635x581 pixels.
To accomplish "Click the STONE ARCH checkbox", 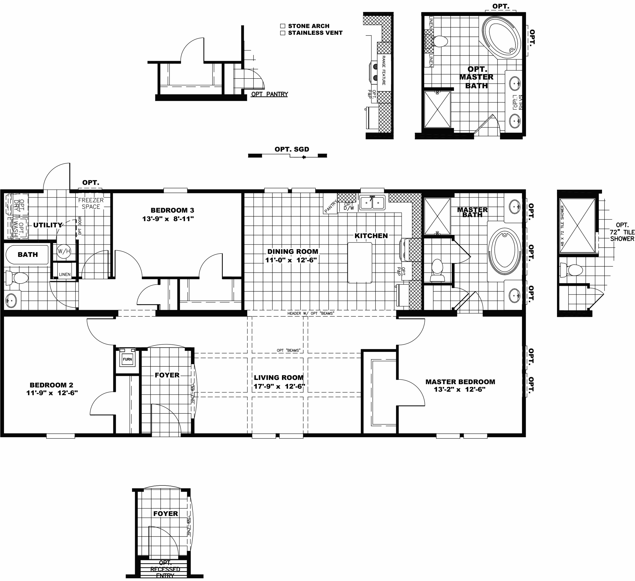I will click(x=282, y=26).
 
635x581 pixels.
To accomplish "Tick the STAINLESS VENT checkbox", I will click(x=282, y=33).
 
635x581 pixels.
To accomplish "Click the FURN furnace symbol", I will click(x=127, y=359).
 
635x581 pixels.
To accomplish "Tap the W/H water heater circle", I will click(x=64, y=251).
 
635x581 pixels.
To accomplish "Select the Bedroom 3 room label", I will click(x=172, y=210).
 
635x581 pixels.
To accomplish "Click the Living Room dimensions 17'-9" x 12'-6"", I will click(x=279, y=386).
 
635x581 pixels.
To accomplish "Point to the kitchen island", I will click(x=360, y=262).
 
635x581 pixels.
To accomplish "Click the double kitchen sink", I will click(x=372, y=203).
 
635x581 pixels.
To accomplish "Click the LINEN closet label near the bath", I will click(x=64, y=274).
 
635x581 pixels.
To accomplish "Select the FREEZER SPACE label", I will click(x=91, y=203).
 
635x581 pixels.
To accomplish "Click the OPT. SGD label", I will click(x=292, y=149).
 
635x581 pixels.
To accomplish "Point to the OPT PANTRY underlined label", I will click(x=269, y=94).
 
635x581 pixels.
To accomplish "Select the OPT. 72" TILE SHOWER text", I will click(x=622, y=232).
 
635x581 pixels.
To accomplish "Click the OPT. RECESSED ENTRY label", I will click(x=165, y=569).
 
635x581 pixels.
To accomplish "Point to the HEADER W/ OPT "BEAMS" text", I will click(x=310, y=313).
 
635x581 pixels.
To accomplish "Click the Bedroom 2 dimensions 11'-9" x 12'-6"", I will click(x=52, y=393).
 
